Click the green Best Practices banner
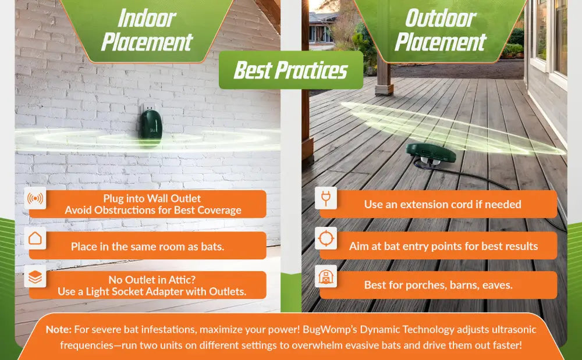point(291,70)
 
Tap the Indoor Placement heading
point(147,30)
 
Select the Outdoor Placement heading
point(441,30)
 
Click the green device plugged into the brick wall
point(151,125)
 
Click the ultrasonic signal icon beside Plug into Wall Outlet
point(36,198)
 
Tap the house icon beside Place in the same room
point(36,238)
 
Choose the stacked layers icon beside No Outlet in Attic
point(36,276)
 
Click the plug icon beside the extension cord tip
point(326,198)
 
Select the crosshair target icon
point(326,238)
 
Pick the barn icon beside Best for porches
point(326,276)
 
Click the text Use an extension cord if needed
point(442,204)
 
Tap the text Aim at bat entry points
point(401,246)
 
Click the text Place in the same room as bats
point(147,247)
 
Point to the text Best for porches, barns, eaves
point(438,285)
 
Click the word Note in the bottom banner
point(58,329)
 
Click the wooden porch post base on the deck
point(384,90)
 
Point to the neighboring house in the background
point(322,30)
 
